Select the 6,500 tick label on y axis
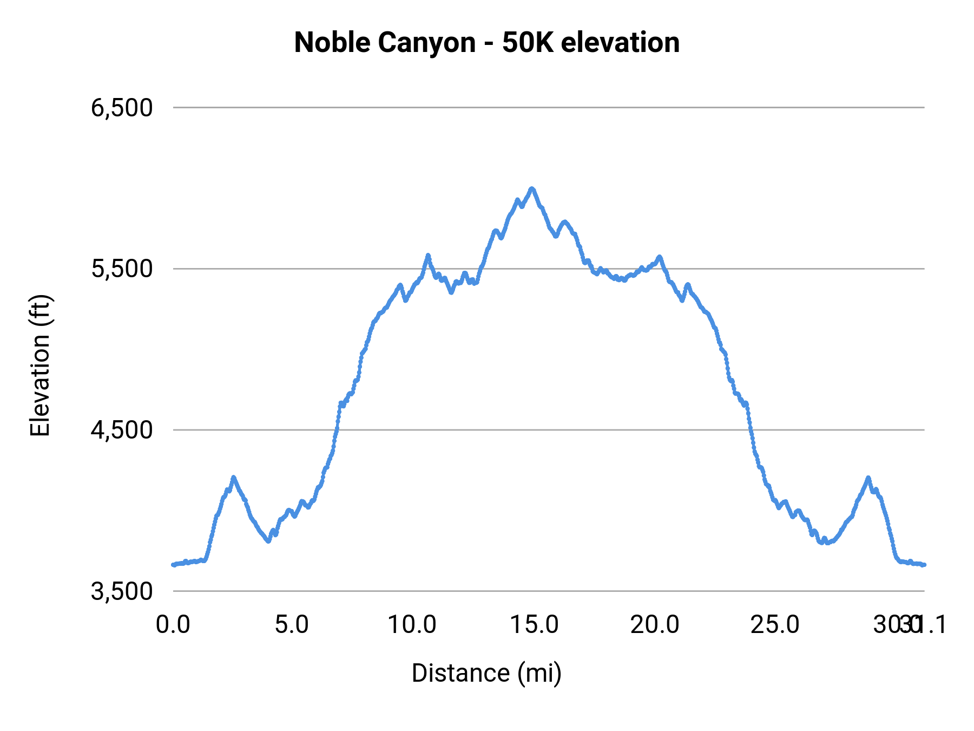tap(122, 108)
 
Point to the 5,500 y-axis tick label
tap(122, 269)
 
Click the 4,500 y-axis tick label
tap(122, 430)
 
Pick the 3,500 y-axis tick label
tap(122, 591)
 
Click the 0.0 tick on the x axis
tap(173, 625)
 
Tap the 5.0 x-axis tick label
tap(292, 625)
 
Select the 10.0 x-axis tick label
tap(412, 625)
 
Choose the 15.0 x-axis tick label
tap(535, 625)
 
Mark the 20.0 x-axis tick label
tap(655, 625)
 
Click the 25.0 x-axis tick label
tap(775, 625)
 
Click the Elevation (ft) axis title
tap(40, 365)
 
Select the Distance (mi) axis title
tap(486, 673)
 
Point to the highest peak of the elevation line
tap(532, 188)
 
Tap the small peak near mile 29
tap(868, 478)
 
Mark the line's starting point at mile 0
tap(173, 565)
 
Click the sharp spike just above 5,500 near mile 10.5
tap(428, 254)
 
